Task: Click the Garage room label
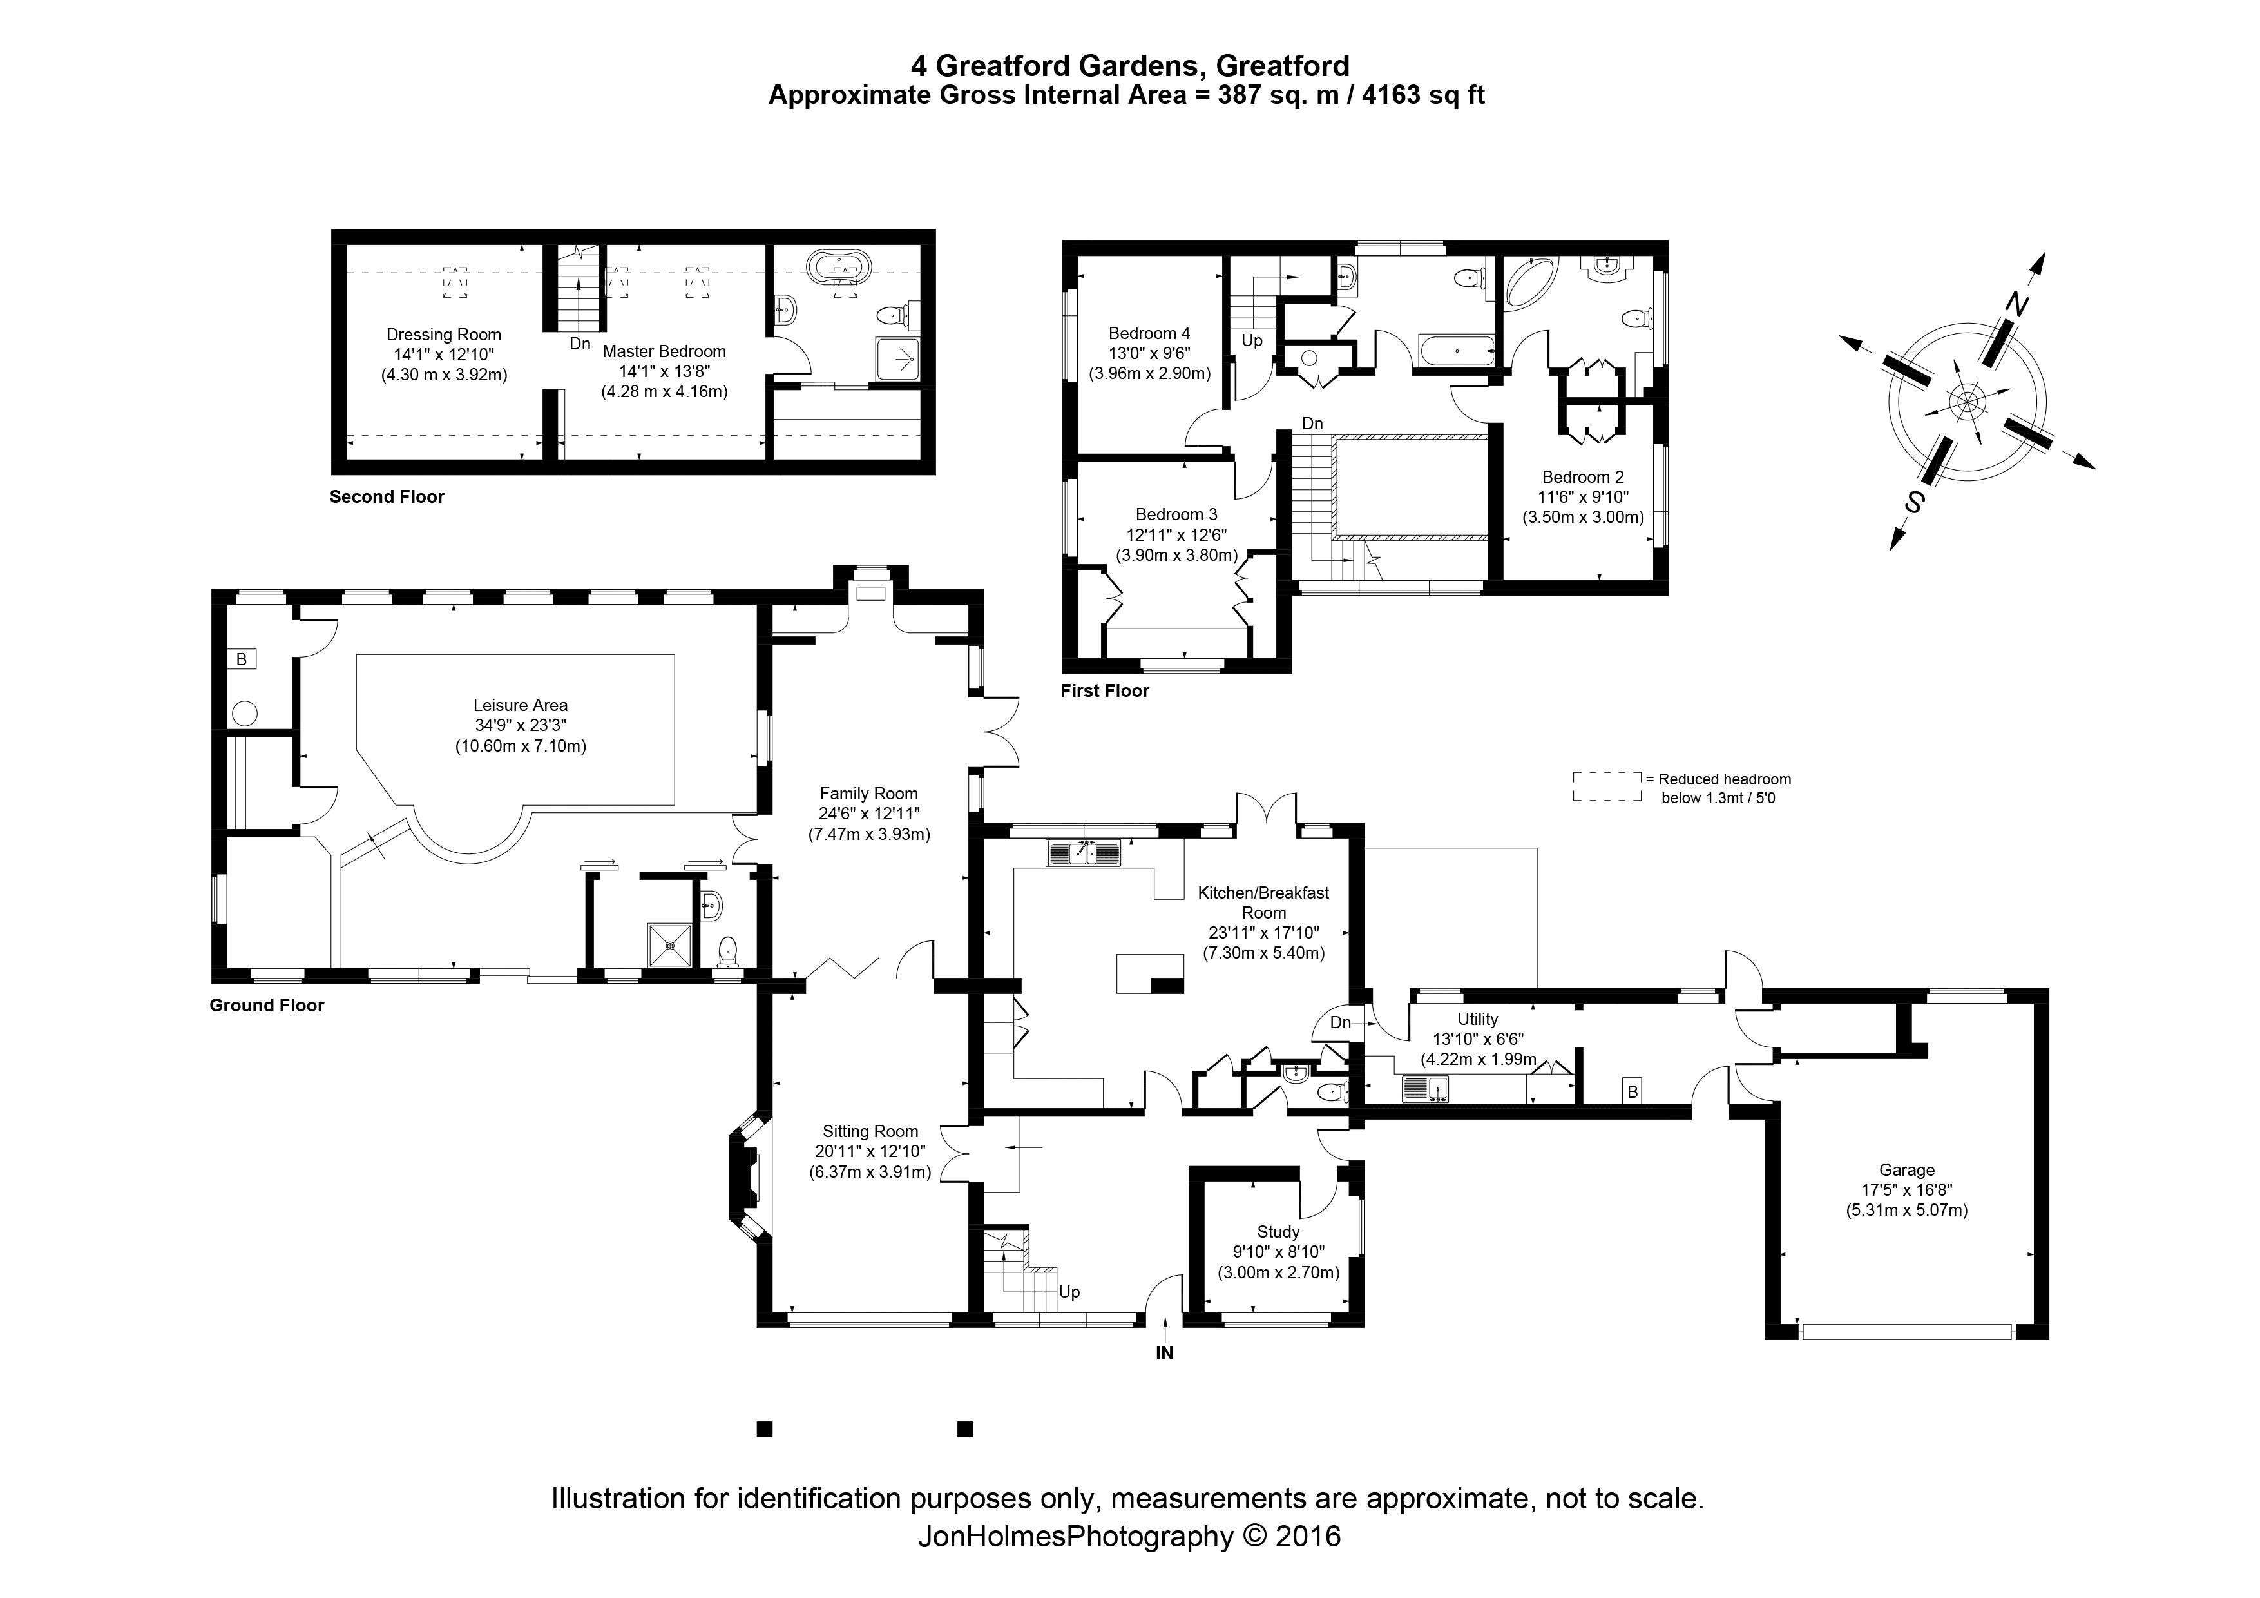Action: [x=1906, y=1170]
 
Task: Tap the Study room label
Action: [x=1278, y=1232]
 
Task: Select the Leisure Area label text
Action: [x=520, y=705]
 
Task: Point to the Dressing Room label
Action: [x=443, y=335]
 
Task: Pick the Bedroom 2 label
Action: [x=1583, y=476]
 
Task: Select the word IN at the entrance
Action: [x=1164, y=1353]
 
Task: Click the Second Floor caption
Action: [x=387, y=497]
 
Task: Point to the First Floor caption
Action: [x=1104, y=691]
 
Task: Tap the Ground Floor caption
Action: [x=267, y=1005]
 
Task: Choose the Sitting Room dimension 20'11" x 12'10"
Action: [x=870, y=1151]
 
